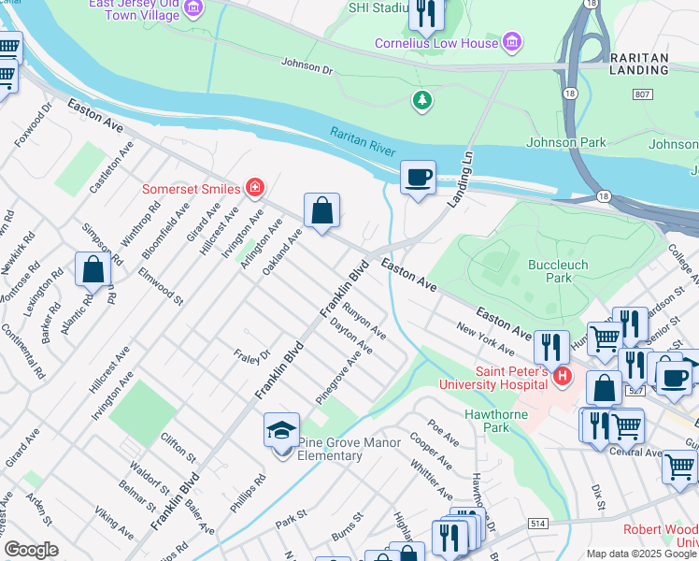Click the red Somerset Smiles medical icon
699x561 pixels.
point(253,188)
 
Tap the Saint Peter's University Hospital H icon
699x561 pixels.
point(562,376)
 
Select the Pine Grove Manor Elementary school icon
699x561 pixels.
point(281,431)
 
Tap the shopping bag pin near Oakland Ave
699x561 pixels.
point(321,211)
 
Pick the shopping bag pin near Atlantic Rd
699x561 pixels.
point(93,270)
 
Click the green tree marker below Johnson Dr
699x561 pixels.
point(423,99)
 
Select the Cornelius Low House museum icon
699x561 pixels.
point(510,42)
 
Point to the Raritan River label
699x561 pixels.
point(363,143)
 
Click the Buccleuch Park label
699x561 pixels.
point(558,271)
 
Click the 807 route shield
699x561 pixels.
point(642,94)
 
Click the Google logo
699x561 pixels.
point(31,550)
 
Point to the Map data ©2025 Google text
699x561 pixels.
point(640,554)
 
